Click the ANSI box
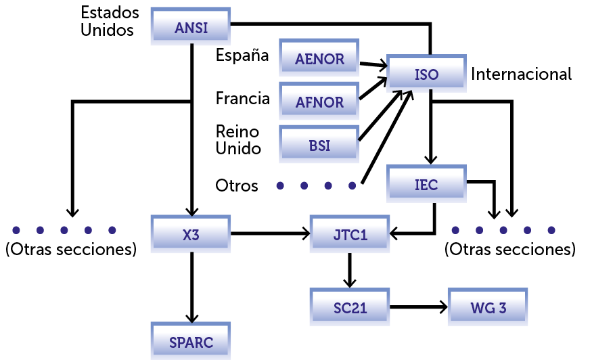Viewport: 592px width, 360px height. coord(191,28)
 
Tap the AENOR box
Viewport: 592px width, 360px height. coord(319,59)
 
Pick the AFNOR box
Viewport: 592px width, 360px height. coord(319,102)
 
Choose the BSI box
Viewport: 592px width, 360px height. coord(319,145)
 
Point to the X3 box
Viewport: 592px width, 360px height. coord(191,235)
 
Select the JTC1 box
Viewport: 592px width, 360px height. coord(350,235)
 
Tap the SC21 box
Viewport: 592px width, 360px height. coord(350,308)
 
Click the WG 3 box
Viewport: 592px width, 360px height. coord(488,308)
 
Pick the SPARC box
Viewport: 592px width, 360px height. coord(191,342)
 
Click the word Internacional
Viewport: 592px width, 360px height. coord(521,74)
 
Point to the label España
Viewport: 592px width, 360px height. coord(242,55)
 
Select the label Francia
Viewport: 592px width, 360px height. coord(242,99)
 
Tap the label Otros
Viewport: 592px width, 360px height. coord(237,185)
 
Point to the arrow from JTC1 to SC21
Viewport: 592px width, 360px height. coord(350,270)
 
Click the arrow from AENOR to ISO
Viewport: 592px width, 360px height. coord(371,65)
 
